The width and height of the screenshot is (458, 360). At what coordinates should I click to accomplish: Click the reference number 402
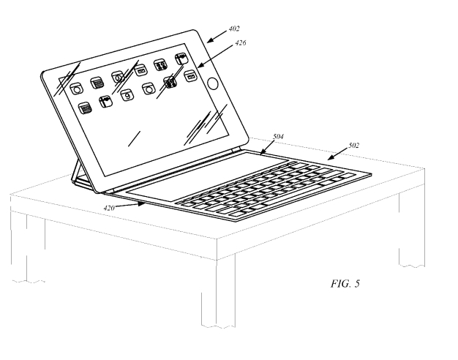[234, 29]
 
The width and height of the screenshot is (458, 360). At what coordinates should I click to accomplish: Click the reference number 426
[241, 42]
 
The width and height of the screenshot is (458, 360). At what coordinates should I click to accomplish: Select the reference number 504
[278, 136]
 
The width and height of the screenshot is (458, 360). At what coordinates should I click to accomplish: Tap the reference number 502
[353, 145]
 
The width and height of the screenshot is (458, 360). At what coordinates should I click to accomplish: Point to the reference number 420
[109, 208]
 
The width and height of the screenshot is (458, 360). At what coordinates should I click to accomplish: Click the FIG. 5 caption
[345, 283]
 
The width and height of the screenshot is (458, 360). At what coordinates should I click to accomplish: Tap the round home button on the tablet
[213, 83]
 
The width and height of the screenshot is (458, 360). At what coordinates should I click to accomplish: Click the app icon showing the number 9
[127, 95]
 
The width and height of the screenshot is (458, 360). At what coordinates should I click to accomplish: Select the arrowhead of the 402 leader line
[210, 40]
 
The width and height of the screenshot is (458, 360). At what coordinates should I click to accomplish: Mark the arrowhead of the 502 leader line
[331, 158]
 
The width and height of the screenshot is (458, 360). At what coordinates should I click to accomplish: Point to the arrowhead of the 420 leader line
[142, 204]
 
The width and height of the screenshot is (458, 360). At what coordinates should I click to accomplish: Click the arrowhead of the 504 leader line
[262, 151]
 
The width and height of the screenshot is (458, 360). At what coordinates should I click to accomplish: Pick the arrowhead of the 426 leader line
[200, 65]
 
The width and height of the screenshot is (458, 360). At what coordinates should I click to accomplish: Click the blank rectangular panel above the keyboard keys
[206, 177]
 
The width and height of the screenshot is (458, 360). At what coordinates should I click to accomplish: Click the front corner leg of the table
[218, 292]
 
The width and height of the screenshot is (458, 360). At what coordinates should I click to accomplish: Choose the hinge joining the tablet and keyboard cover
[173, 172]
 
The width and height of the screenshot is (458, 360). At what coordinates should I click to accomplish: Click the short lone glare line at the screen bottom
[135, 139]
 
